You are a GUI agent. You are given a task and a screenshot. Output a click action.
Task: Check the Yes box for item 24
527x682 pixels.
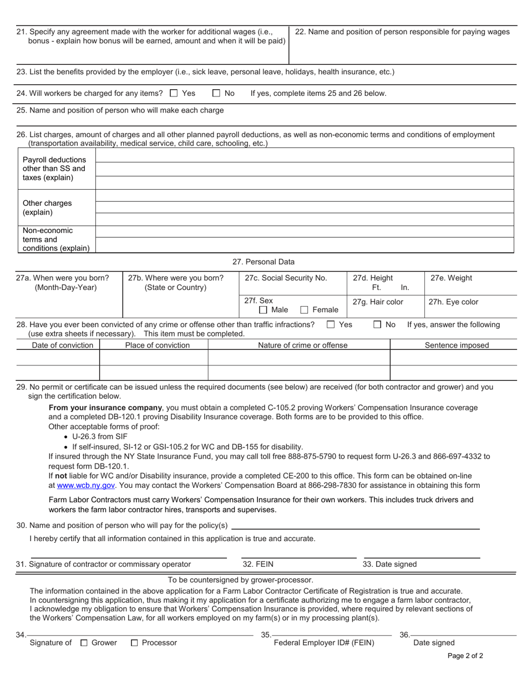click(174, 93)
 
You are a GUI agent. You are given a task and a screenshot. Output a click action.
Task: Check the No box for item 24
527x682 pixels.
click(217, 93)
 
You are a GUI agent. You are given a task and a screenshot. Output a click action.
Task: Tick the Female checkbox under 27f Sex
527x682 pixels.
click(304, 310)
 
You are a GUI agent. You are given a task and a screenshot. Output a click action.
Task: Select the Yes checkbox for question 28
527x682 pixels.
click(331, 324)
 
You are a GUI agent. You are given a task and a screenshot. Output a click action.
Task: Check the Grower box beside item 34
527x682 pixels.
click(84, 643)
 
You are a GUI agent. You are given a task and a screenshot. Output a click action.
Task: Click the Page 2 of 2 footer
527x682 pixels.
click(465, 656)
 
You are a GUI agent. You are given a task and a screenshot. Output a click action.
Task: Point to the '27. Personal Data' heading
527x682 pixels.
click(263, 262)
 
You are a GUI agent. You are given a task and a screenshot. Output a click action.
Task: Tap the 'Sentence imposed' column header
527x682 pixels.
click(457, 345)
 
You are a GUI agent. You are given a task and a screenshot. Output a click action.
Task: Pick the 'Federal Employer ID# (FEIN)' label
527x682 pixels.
click(325, 643)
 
